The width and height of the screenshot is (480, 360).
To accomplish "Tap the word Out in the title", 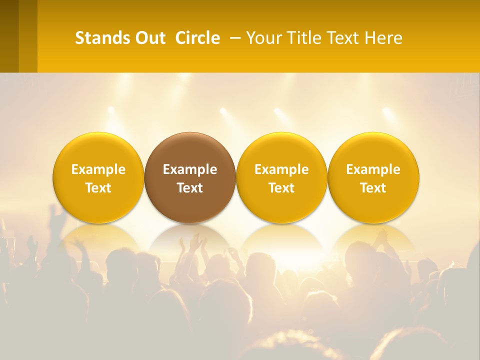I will pyautogui.click(x=149, y=38).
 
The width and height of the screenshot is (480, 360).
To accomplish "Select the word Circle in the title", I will pyautogui.click(x=197, y=38).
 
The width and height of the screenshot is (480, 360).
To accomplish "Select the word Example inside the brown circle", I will pyautogui.click(x=190, y=169).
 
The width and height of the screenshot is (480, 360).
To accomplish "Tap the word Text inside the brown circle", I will pyautogui.click(x=190, y=188).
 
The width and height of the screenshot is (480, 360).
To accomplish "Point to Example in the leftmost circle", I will pyautogui.click(x=98, y=169).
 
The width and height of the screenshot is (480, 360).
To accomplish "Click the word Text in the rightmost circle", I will pyautogui.click(x=373, y=188).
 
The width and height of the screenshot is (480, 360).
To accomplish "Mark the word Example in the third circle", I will pyautogui.click(x=281, y=169).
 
